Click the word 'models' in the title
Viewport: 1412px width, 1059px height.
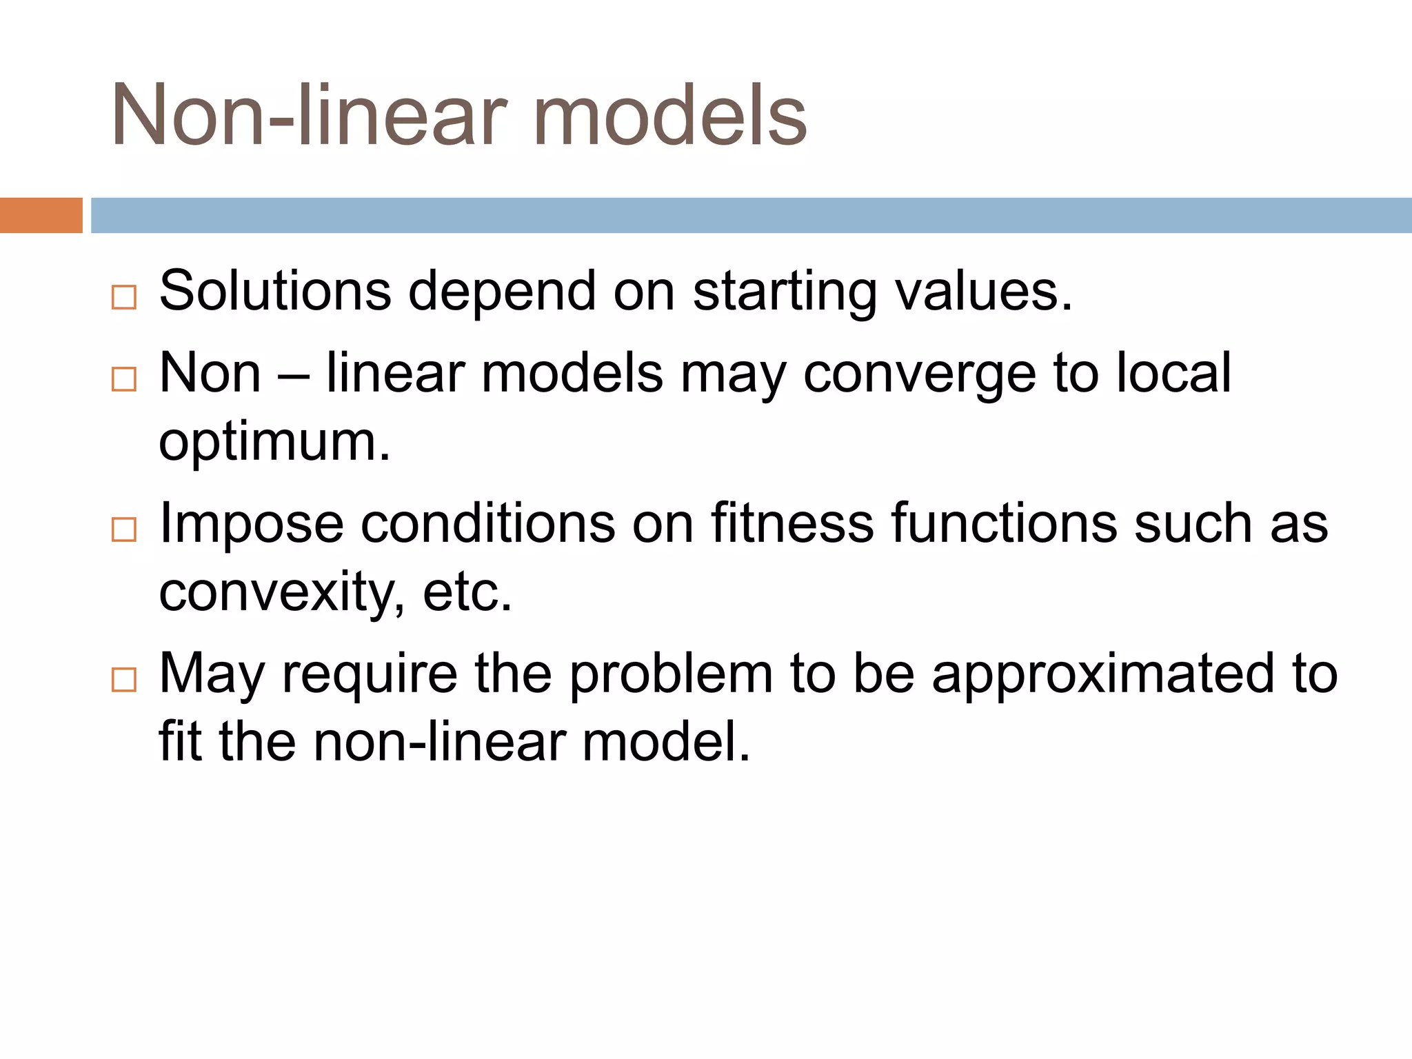pyautogui.click(x=669, y=116)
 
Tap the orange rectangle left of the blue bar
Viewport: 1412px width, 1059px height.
pyautogui.click(x=41, y=215)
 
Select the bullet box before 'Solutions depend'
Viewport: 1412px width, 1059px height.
pyautogui.click(x=124, y=298)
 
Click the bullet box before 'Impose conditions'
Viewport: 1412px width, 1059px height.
pyautogui.click(x=124, y=529)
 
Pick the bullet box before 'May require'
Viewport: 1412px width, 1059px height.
pyautogui.click(x=124, y=680)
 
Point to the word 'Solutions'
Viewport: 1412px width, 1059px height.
pyautogui.click(x=275, y=291)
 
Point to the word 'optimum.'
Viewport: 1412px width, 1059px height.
pyautogui.click(x=274, y=443)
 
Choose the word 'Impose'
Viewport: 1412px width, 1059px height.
pyautogui.click(x=251, y=524)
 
